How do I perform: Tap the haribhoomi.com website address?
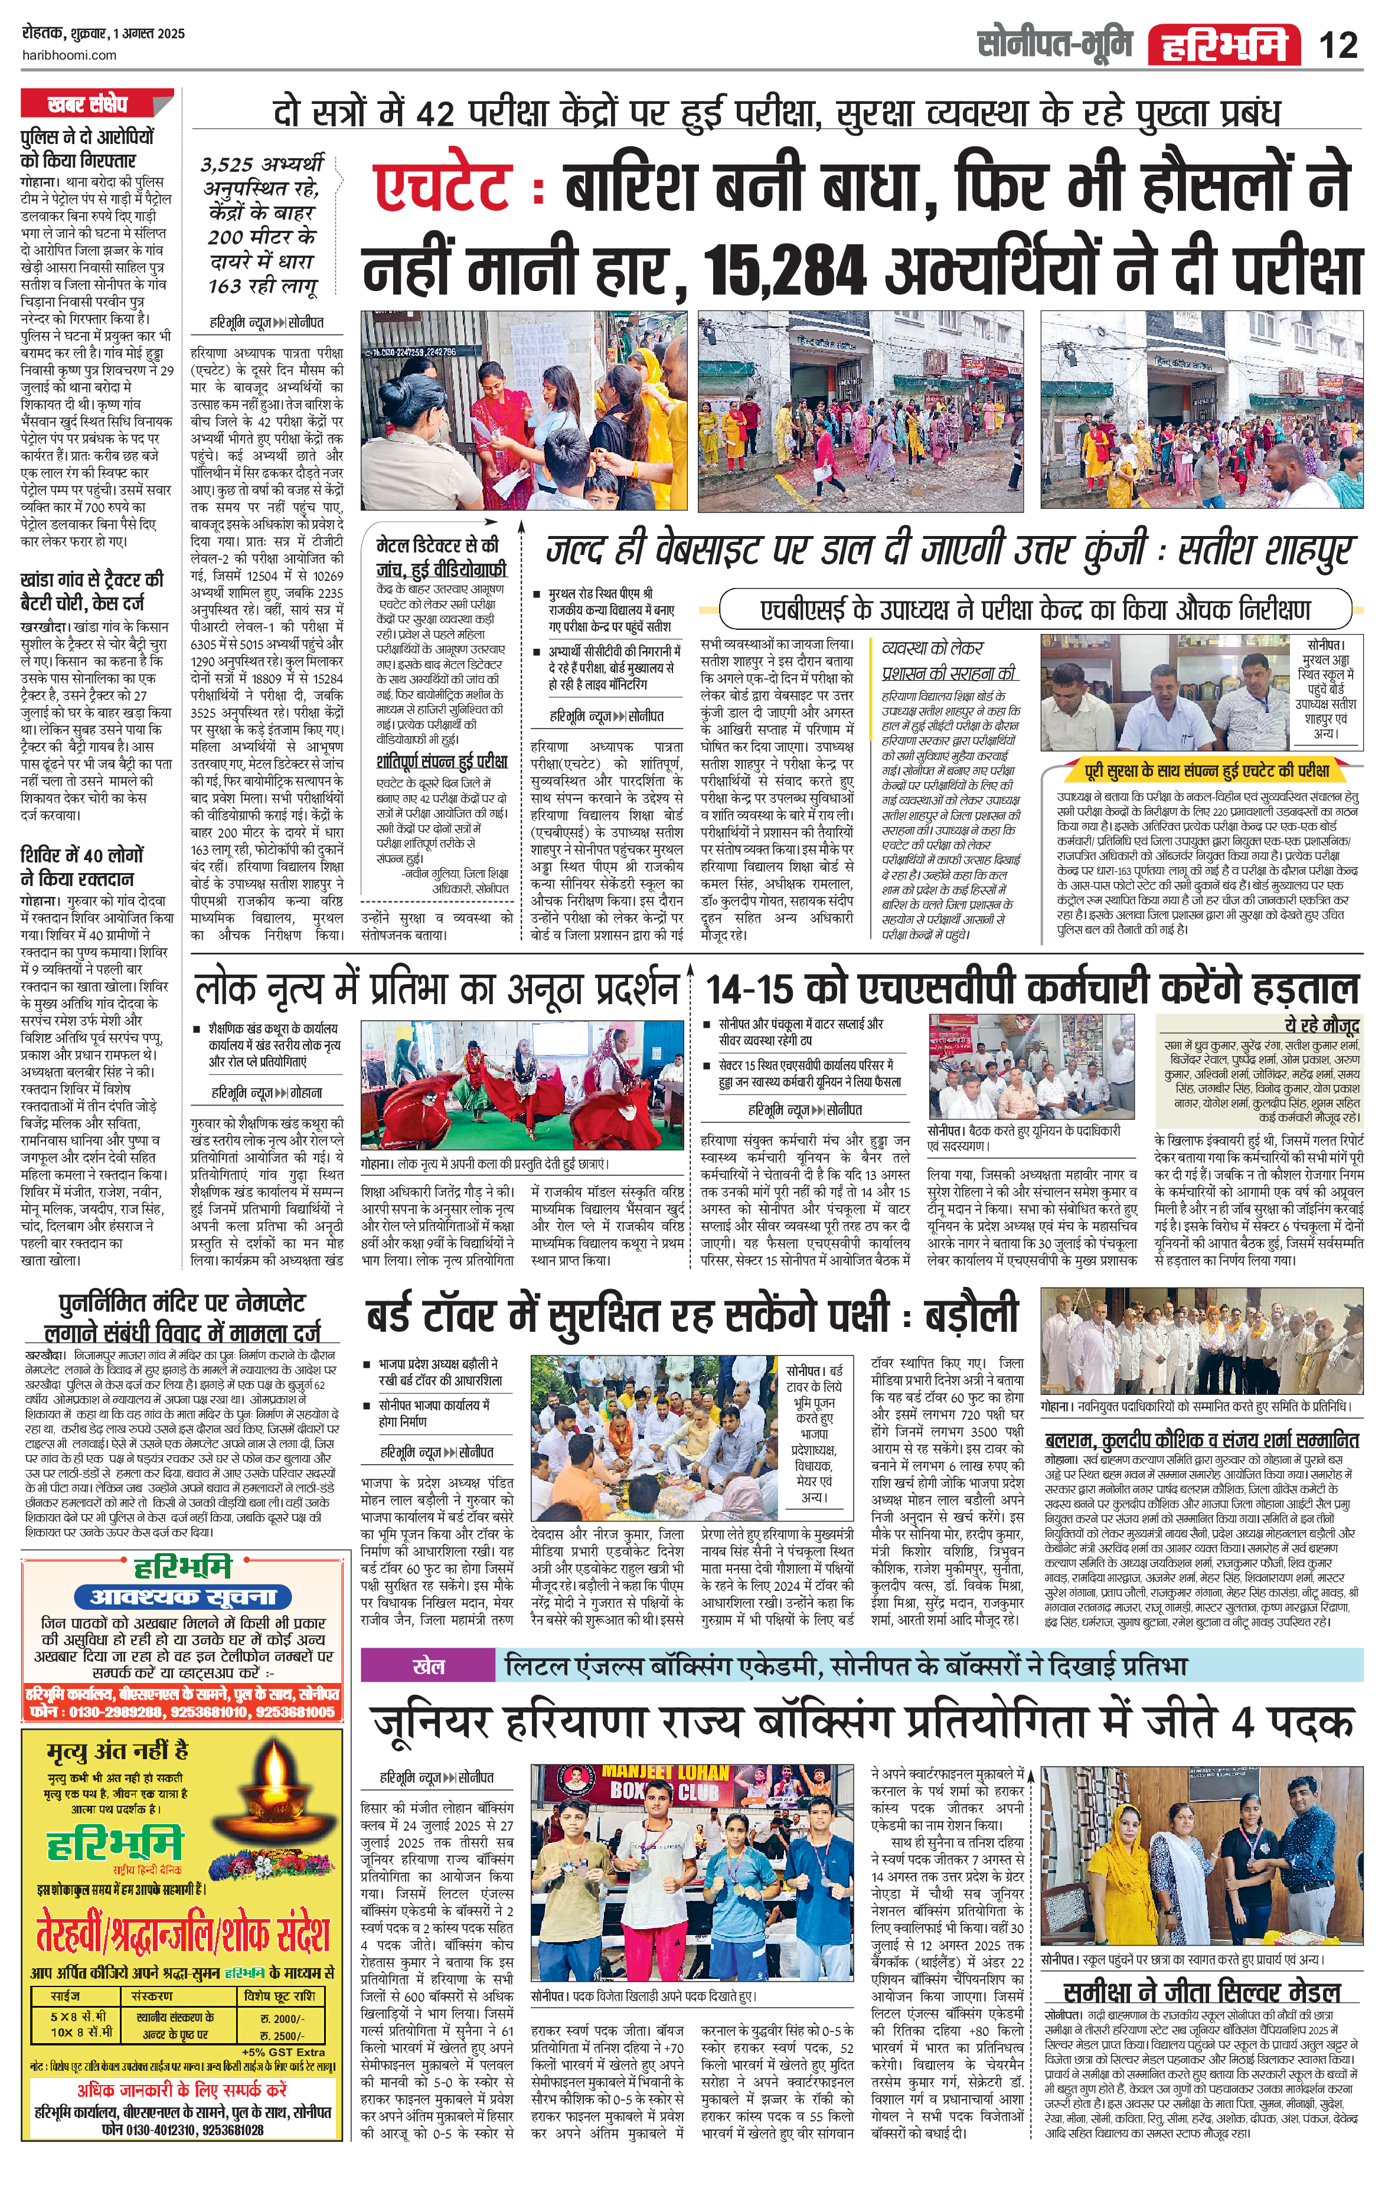[x=68, y=55]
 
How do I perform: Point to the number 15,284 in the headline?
[x=785, y=271]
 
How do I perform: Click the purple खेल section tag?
[x=429, y=1665]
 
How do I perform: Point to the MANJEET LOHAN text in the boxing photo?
[x=665, y=1773]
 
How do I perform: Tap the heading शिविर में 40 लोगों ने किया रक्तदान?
[x=82, y=867]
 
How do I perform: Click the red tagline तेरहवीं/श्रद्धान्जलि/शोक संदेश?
[x=182, y=1934]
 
